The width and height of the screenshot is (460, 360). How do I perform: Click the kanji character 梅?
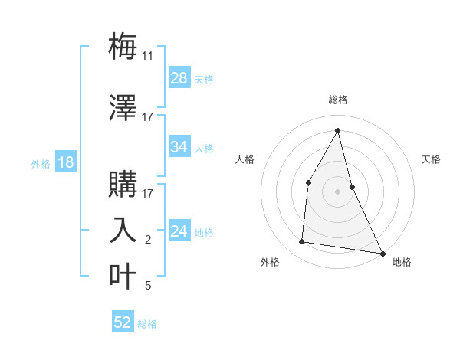click(x=123, y=45)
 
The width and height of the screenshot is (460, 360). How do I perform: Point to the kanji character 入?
click(x=123, y=230)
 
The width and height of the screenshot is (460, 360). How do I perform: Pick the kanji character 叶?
click(x=123, y=275)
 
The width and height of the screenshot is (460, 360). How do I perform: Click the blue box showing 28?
click(x=179, y=78)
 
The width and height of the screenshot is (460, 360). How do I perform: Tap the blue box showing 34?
click(x=179, y=147)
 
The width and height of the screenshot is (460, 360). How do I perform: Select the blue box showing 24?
click(x=179, y=231)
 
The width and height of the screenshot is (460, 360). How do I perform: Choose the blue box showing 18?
click(x=65, y=162)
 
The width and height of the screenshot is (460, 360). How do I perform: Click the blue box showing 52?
click(x=123, y=322)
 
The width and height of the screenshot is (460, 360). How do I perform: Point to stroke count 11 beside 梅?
click(x=148, y=56)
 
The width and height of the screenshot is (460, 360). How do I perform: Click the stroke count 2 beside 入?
click(x=148, y=240)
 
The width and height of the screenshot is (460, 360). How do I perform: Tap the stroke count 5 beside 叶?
click(x=148, y=286)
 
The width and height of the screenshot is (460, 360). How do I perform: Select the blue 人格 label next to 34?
click(x=204, y=148)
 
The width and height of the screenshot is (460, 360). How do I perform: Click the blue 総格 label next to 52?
click(x=147, y=324)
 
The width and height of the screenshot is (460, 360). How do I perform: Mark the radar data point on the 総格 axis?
click(x=337, y=130)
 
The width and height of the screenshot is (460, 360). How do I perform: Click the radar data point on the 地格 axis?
click(x=383, y=253)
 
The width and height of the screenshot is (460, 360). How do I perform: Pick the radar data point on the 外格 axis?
click(x=301, y=242)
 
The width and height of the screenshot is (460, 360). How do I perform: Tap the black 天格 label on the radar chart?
click(x=432, y=159)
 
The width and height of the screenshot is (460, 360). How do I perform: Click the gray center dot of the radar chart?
click(x=337, y=191)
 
